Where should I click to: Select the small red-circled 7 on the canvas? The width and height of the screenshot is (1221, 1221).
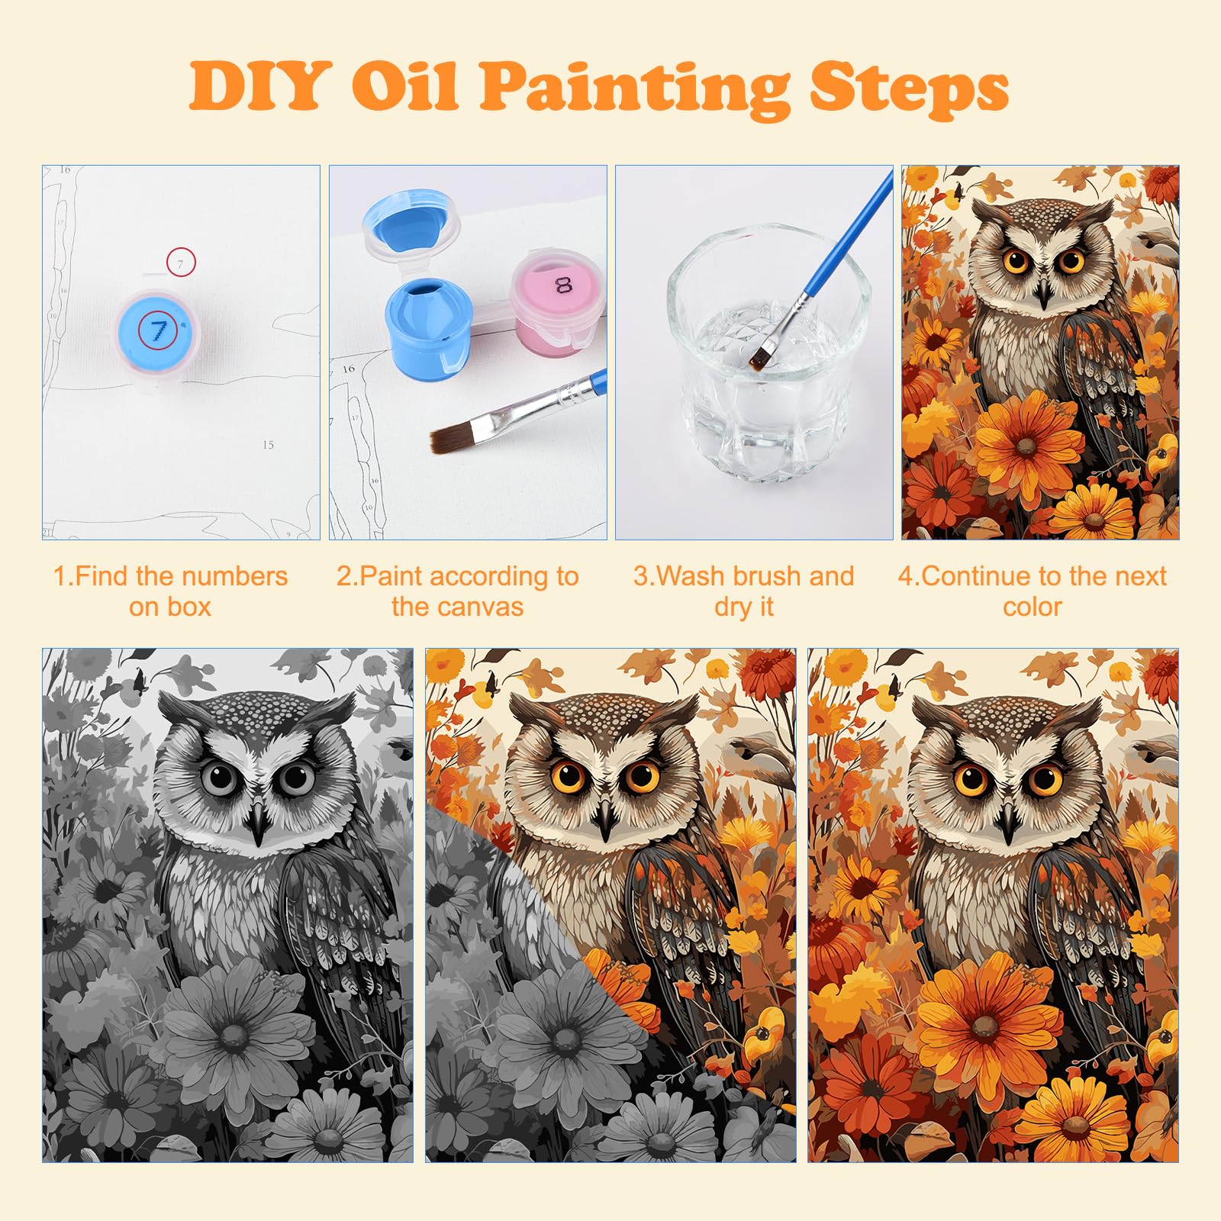(181, 263)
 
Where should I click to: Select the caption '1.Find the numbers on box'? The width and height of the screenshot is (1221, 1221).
(170, 591)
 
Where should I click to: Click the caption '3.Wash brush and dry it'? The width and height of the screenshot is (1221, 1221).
(744, 591)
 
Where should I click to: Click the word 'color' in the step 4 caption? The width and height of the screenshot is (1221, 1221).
(1032, 607)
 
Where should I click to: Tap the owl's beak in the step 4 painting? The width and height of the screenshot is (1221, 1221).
(1042, 293)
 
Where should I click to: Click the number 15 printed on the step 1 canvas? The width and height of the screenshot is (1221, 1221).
(268, 445)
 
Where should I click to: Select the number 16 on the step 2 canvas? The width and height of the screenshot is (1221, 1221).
(348, 369)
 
